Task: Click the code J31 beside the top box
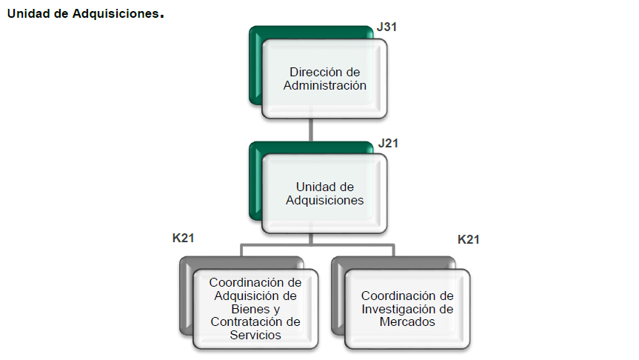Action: coord(387,27)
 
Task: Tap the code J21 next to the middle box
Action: coord(387,143)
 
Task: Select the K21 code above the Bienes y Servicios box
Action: coord(183,239)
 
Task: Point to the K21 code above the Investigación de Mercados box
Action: coord(469,239)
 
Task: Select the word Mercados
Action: coord(407,321)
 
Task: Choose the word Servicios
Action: coord(255,335)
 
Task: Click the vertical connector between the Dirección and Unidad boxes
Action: coord(311,130)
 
